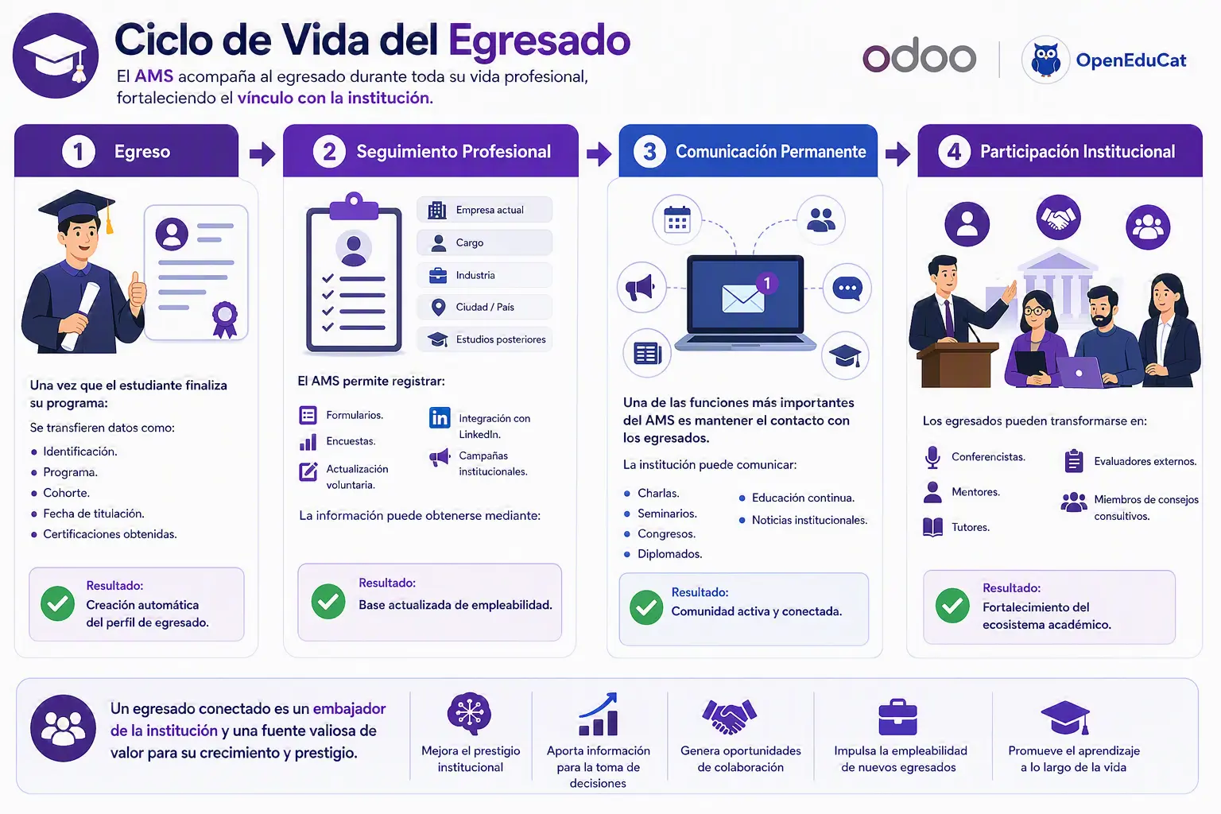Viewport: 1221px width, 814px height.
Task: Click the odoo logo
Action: [919, 56]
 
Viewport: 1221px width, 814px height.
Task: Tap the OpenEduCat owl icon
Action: [1045, 60]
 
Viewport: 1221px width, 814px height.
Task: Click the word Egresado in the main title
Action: [539, 41]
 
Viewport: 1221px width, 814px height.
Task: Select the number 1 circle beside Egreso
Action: [79, 152]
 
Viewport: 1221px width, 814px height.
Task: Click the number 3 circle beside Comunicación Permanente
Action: [649, 152]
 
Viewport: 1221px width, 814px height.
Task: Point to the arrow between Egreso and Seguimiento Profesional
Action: [262, 153]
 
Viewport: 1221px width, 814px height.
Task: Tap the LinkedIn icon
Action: [440, 417]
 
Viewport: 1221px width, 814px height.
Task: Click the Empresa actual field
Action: [485, 210]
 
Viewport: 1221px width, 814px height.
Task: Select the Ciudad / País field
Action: [485, 308]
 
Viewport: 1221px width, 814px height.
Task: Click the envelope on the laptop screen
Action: [742, 299]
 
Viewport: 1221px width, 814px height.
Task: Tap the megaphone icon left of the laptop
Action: [640, 287]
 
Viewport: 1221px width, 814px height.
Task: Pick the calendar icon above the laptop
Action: [677, 219]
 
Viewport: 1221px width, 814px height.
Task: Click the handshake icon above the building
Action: [1058, 218]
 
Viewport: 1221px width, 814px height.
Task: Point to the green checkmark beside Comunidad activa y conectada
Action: [646, 607]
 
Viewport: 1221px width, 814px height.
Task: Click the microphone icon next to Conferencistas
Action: [932, 457]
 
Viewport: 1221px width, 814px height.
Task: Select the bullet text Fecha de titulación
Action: [94, 514]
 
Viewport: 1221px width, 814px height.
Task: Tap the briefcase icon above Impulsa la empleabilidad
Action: [897, 717]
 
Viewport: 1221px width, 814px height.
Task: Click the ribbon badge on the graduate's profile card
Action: [225, 320]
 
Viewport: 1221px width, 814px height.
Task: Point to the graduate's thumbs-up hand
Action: [137, 289]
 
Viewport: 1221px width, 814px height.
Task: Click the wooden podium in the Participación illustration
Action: [957, 366]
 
